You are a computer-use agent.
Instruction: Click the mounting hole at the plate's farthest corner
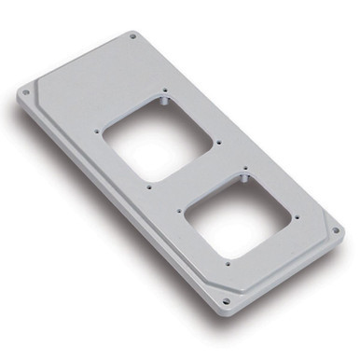coord(132,37)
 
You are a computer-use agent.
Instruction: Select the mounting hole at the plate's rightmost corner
coord(338,228)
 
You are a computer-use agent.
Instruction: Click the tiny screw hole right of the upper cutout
coord(217,143)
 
